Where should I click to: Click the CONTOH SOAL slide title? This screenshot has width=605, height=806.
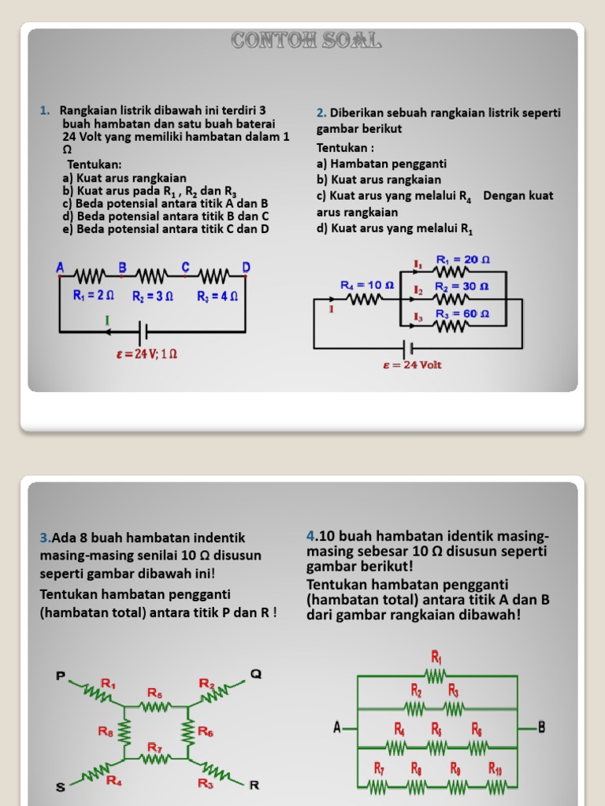[x=306, y=41]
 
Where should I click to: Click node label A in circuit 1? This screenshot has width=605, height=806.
[x=60, y=268]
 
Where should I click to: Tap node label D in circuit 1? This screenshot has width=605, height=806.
[x=246, y=268]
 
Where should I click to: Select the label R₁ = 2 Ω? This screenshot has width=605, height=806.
[x=94, y=297]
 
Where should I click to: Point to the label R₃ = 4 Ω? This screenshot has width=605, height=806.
[x=217, y=297]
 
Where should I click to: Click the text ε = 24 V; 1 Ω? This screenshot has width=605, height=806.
[x=147, y=354]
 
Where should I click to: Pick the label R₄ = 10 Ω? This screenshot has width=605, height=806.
[x=362, y=285]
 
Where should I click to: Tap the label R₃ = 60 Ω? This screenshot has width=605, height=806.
[x=462, y=314]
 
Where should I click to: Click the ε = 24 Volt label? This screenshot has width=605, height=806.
[x=412, y=365]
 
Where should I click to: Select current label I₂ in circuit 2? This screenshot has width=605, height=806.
[x=418, y=290]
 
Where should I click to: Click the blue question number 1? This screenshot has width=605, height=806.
[x=43, y=110]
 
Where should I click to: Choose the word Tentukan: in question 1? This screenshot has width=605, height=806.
[x=94, y=165]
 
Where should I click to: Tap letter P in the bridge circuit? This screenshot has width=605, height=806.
[x=61, y=675]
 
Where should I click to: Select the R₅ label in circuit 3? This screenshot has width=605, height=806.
[x=155, y=693]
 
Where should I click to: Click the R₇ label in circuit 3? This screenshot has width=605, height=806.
[x=155, y=747]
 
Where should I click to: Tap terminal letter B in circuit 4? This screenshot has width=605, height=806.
[x=541, y=727]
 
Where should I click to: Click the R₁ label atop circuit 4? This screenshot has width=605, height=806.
[x=436, y=656]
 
